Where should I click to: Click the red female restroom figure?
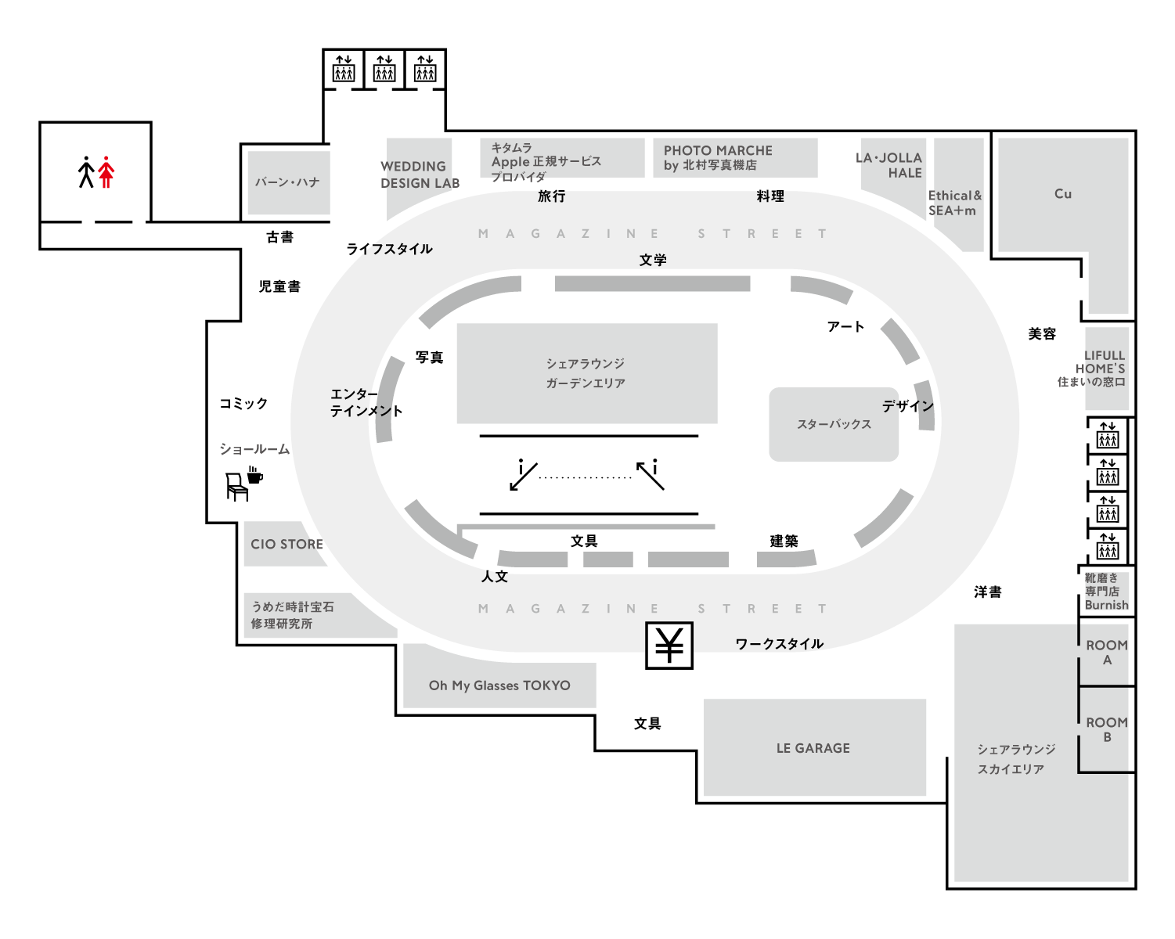pyautogui.click(x=106, y=172)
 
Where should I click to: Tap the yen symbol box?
pyautogui.click(x=669, y=646)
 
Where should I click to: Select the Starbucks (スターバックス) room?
pyautogui.click(x=834, y=424)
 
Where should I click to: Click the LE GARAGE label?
pyautogui.click(x=813, y=748)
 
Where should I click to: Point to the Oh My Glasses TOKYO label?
pyautogui.click(x=499, y=685)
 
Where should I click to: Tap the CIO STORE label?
pyautogui.click(x=287, y=544)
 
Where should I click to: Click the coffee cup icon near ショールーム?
pyautogui.click(x=254, y=475)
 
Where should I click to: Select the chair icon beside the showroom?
pyautogui.click(x=236, y=487)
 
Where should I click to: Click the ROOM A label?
pyautogui.click(x=1107, y=653)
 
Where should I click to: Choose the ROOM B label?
pyautogui.click(x=1107, y=729)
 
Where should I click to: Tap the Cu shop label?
pyautogui.click(x=1062, y=194)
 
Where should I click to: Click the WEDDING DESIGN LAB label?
pyautogui.click(x=420, y=174)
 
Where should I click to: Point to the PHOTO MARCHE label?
pyautogui.click(x=718, y=157)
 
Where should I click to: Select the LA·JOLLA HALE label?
pyautogui.click(x=889, y=165)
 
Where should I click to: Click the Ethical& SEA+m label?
pyautogui.click(x=954, y=203)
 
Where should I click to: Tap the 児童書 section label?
pyautogui.click(x=279, y=286)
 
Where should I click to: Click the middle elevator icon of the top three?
pyautogui.click(x=384, y=69)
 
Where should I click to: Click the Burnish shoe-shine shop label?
pyautogui.click(x=1106, y=592)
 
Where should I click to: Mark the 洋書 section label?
pyautogui.click(x=987, y=592)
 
